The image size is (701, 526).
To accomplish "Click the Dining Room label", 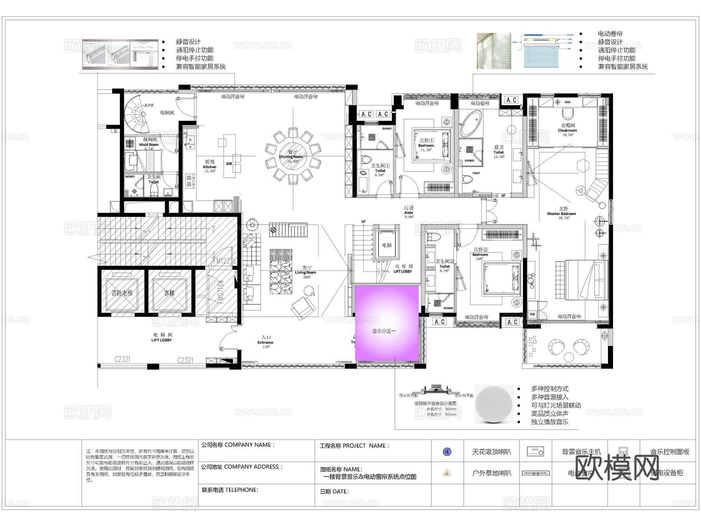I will [291, 157].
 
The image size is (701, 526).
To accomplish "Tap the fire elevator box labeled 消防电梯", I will [122, 293].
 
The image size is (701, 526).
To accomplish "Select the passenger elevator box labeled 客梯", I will [169, 293].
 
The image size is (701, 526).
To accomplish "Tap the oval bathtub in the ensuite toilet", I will [471, 123].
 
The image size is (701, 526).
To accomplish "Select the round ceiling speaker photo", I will [494, 404].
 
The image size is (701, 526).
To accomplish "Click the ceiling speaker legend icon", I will [447, 452].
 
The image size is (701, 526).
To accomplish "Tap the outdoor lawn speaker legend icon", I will [447, 473].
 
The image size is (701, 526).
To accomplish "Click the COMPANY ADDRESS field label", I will [242, 467].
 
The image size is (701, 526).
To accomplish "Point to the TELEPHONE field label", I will [230, 490].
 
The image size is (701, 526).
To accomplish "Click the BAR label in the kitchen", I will [229, 164].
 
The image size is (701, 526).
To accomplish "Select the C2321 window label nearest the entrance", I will [185, 360].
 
